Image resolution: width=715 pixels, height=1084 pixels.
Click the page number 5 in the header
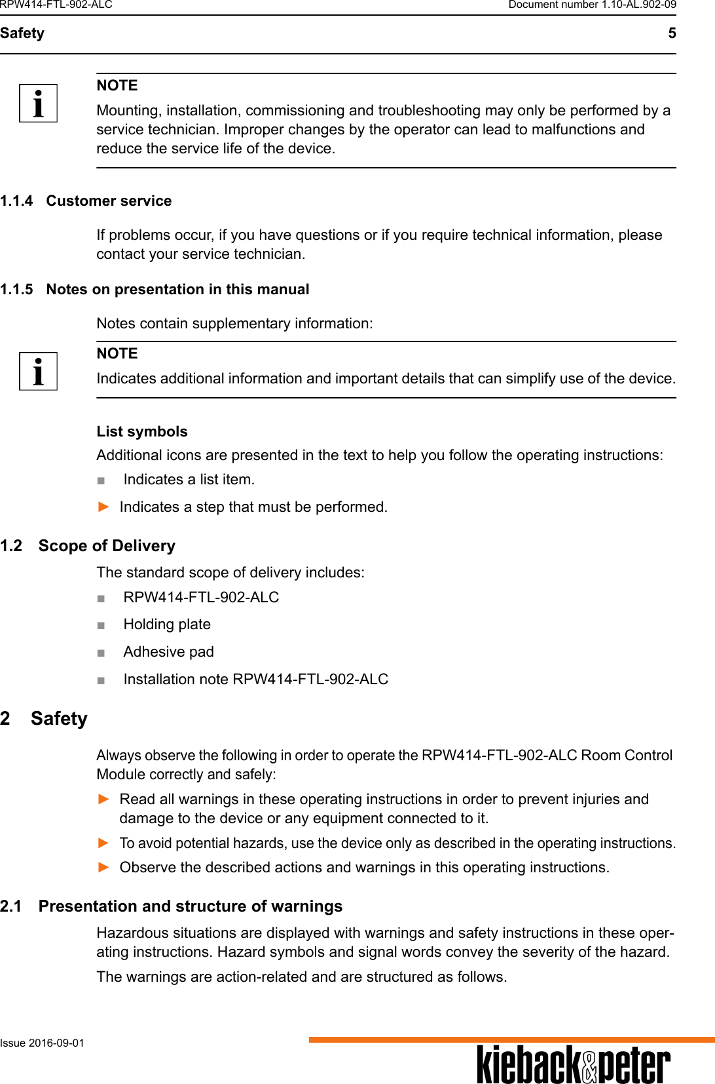coord(672,33)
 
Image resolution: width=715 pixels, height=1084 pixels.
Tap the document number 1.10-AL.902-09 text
coord(592,5)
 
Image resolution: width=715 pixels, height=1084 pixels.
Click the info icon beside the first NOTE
coord(38,104)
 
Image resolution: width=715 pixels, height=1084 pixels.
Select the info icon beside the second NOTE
coord(38,372)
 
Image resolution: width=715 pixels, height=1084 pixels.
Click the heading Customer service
coord(109,201)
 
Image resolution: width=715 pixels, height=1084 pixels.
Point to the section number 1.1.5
coord(16,290)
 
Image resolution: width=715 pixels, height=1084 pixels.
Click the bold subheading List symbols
coord(142,431)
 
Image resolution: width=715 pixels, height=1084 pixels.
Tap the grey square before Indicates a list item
coord(101,480)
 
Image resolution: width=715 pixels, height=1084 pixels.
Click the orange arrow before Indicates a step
coord(103,507)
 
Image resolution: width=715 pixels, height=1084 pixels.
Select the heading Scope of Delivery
coord(107,546)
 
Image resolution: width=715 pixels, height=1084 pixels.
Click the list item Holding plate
coord(167,625)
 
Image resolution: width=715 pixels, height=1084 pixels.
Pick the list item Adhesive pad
coord(168,652)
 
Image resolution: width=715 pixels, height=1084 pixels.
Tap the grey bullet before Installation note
coord(101,680)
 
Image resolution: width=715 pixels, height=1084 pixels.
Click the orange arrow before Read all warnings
coord(103,799)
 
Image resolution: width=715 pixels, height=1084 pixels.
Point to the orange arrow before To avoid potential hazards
coord(103,843)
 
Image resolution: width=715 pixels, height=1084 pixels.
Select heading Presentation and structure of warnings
coord(190,906)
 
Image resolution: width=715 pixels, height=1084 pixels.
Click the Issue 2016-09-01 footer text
coord(42,1043)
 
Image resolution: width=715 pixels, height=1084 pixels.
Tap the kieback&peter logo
coord(573,1064)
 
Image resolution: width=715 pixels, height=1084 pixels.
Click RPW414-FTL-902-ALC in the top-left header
coord(56,5)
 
